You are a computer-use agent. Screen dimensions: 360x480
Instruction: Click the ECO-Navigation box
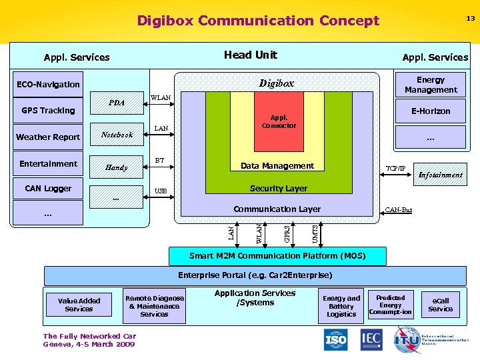[49, 85]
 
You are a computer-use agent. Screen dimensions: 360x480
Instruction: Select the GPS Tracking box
[49, 111]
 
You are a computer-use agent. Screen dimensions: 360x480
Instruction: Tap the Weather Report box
[49, 137]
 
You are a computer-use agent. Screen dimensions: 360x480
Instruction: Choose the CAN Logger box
[49, 189]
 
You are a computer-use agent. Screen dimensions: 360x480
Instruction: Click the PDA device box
[117, 103]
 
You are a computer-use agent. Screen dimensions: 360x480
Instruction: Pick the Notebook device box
[117, 135]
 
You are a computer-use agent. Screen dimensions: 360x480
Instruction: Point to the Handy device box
[117, 167]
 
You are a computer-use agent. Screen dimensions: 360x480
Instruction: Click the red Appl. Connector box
[279, 122]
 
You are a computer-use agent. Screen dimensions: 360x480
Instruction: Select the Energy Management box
[431, 85]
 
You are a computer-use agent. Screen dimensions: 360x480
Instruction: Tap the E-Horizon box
[431, 111]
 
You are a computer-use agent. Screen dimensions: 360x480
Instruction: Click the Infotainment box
[440, 175]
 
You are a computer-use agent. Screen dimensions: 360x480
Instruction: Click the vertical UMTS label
[315, 233]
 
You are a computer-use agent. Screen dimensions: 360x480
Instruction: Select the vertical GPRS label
[287, 233]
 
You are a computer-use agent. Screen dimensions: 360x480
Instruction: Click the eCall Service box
[440, 305]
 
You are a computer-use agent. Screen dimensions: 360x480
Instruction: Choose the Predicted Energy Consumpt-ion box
[391, 305]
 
